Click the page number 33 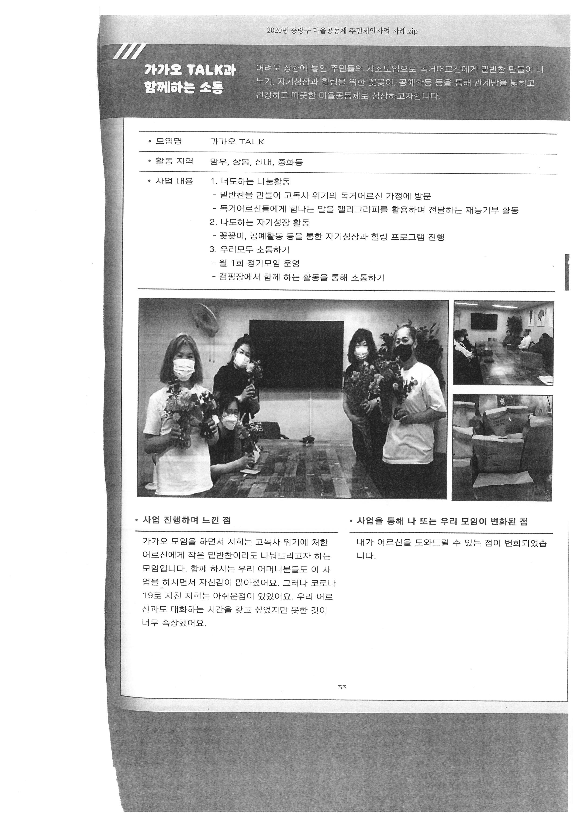pyautogui.click(x=342, y=697)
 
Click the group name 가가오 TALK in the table pyautogui.click(x=237, y=142)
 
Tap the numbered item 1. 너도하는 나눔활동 pyautogui.click(x=250, y=181)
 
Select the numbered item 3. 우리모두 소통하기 pyautogui.click(x=250, y=250)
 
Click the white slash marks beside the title pyautogui.click(x=129, y=51)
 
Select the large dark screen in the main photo pyautogui.click(x=296, y=355)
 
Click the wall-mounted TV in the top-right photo pyautogui.click(x=483, y=321)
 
